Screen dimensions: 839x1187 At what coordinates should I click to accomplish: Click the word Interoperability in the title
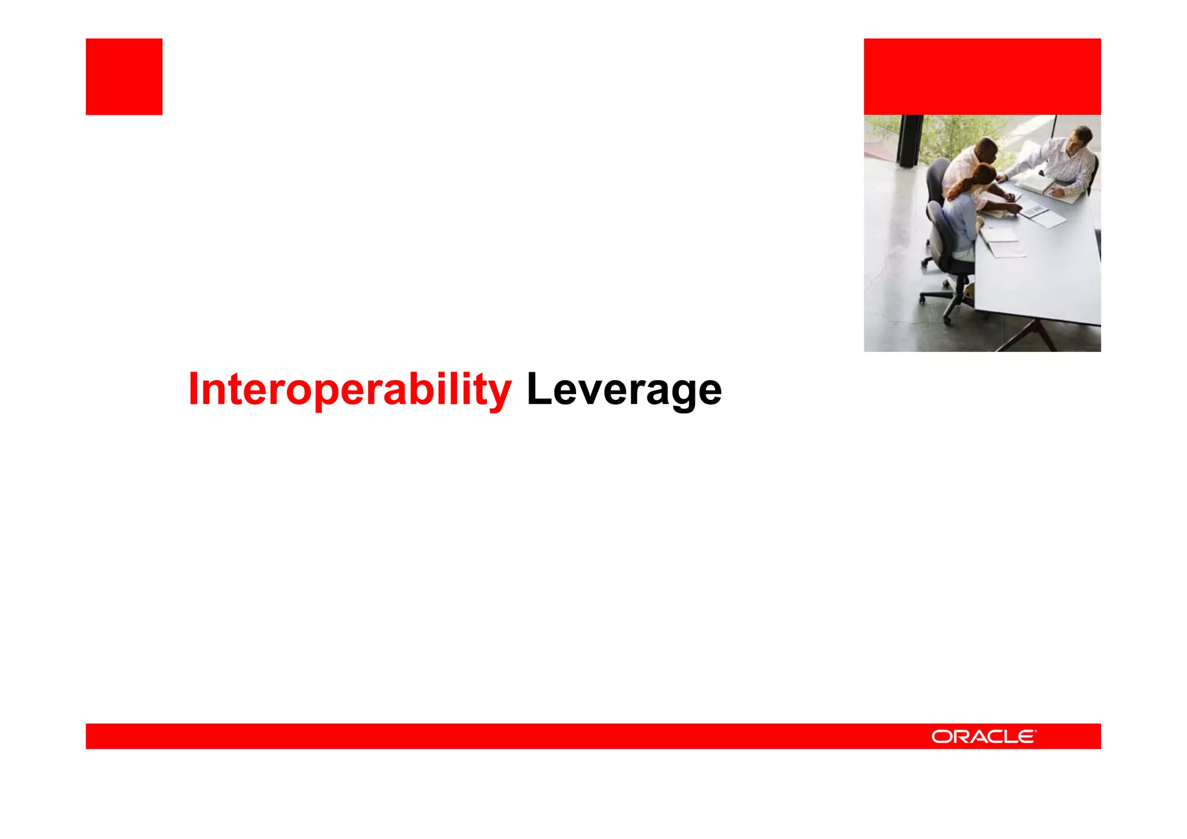(x=349, y=389)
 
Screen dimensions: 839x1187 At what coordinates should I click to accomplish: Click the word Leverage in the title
(x=624, y=389)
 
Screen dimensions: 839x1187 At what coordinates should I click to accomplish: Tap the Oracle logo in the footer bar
(x=984, y=736)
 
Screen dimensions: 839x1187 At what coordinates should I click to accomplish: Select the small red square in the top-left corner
(x=124, y=76)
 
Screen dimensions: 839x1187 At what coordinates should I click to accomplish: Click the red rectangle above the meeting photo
(x=982, y=76)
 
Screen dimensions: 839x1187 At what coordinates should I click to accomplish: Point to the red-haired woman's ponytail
(x=957, y=189)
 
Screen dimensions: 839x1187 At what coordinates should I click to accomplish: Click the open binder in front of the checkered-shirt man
(x=1037, y=184)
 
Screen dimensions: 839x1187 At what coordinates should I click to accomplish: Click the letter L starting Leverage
(x=537, y=389)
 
